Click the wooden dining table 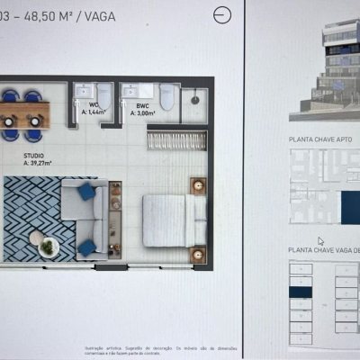(x=23, y=113)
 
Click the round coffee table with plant (x=48, y=245)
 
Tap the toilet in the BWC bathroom (x=166, y=95)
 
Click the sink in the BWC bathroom (x=141, y=91)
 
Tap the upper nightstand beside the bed (x=198, y=186)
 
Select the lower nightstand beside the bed (x=198, y=254)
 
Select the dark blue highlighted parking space (x=299, y=291)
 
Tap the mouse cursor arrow (x=321, y=241)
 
